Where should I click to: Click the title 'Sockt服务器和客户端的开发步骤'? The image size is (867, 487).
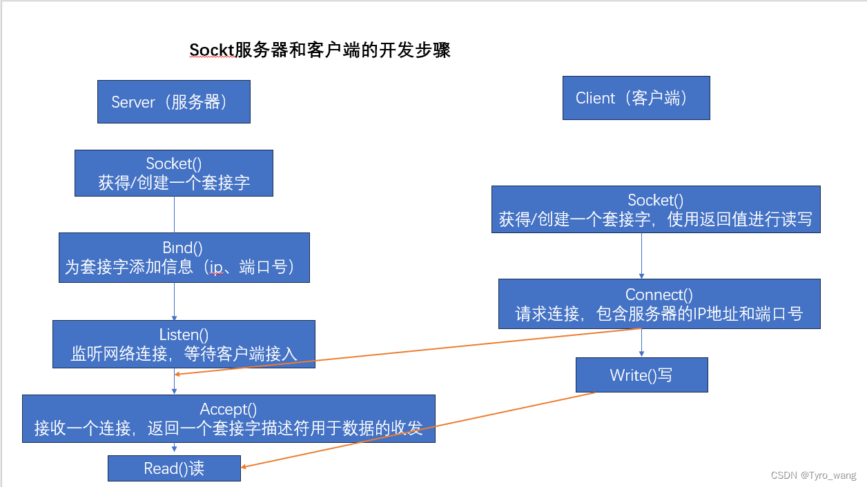click(x=320, y=50)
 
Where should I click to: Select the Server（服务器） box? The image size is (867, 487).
click(x=173, y=102)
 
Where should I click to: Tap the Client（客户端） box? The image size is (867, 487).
click(x=636, y=98)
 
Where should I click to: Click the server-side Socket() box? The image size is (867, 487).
click(x=174, y=173)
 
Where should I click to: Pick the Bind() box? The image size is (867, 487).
click(x=184, y=257)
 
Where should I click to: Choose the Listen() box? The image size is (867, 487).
click(x=184, y=344)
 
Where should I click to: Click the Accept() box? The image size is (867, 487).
click(x=228, y=419)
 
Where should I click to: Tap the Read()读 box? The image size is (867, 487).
click(x=174, y=468)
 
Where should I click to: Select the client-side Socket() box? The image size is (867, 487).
click(x=656, y=210)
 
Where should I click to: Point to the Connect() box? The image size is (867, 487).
click(x=659, y=304)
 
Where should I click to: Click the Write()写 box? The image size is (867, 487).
click(x=641, y=375)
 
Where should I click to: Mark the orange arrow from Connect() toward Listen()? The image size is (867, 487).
click(x=407, y=352)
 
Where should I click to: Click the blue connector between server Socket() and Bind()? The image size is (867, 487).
click(x=174, y=215)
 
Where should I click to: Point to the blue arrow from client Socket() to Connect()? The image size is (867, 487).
click(x=642, y=256)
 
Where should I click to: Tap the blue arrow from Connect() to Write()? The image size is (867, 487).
click(x=642, y=343)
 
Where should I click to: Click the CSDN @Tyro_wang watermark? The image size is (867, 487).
click(x=813, y=475)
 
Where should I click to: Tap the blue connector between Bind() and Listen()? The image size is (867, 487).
click(x=174, y=301)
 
